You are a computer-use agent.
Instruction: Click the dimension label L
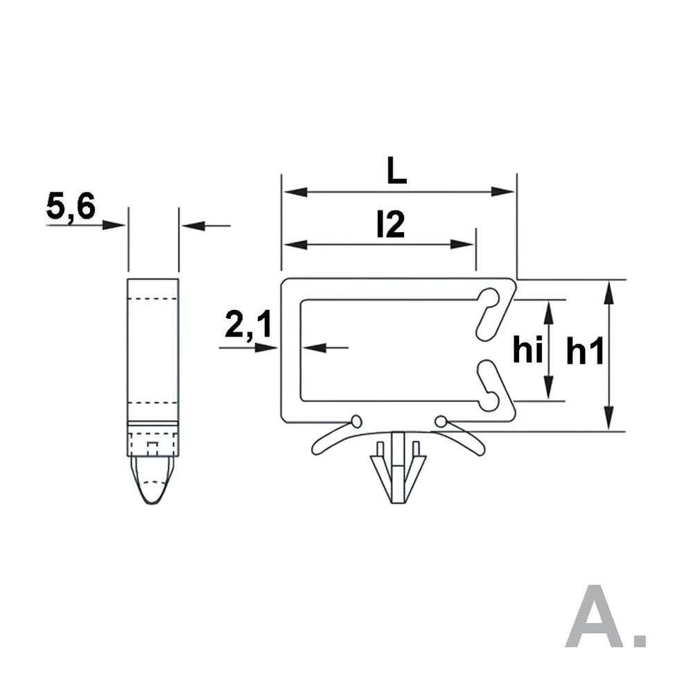pos(396,170)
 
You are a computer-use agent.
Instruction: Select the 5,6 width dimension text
pos(71,207)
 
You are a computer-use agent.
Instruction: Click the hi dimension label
pos(527,349)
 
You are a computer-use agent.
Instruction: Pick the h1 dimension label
pos(585,351)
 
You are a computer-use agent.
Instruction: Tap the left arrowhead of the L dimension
pos(295,192)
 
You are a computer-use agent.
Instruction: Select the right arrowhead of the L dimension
pos(503,192)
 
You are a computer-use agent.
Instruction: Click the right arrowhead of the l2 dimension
pos(462,245)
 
